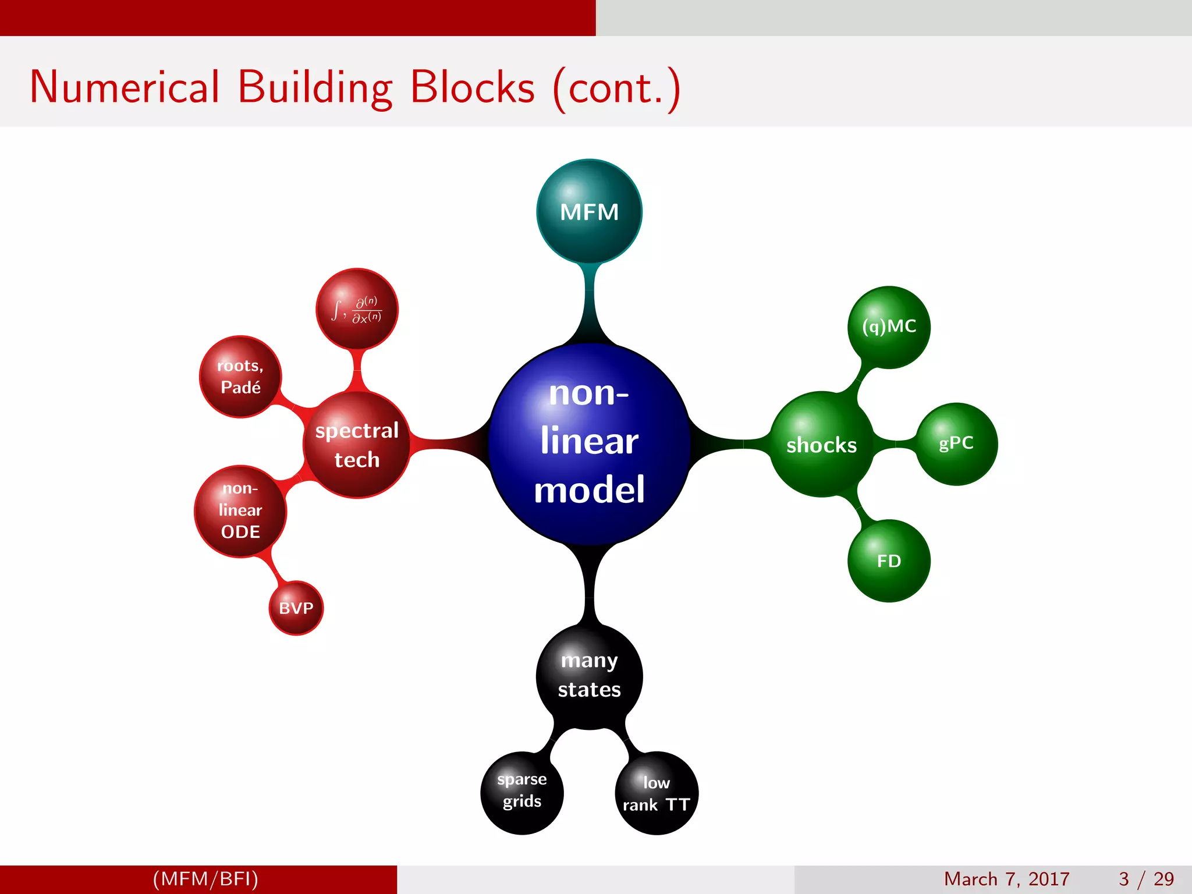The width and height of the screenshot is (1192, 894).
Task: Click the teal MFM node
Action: [589, 211]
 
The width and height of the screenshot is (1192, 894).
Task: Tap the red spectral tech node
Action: [357, 445]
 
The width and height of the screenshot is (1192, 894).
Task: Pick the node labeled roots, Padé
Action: [240, 377]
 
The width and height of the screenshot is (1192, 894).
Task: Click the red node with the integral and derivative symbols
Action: [357, 309]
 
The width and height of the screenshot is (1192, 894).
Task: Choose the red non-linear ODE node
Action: [240, 510]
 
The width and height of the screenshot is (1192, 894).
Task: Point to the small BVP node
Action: [296, 608]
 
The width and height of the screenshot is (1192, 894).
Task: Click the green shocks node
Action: [821, 445]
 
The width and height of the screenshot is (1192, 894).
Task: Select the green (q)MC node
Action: [889, 327]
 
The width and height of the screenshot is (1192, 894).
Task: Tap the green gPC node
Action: [956, 444]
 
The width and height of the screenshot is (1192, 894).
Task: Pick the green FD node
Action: [889, 560]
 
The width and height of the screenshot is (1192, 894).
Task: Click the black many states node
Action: [589, 676]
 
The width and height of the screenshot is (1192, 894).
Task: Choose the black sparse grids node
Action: [522, 792]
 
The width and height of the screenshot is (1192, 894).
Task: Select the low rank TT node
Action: [657, 793]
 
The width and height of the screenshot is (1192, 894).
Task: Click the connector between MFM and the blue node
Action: [589, 303]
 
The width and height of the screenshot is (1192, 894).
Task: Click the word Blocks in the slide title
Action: [472, 87]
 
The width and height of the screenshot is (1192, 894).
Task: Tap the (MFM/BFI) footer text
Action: [205, 879]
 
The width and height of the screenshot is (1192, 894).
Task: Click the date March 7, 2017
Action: [1006, 879]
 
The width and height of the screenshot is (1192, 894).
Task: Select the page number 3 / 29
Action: [1146, 879]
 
